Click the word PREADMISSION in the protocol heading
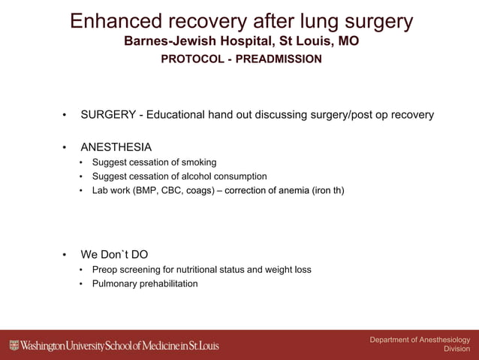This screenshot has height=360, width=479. pyautogui.click(x=279, y=59)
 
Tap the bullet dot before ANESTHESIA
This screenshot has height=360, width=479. pyautogui.click(x=65, y=147)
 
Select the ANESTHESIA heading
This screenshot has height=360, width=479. pyautogui.click(x=116, y=147)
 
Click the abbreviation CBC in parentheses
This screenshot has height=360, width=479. pyautogui.click(x=173, y=191)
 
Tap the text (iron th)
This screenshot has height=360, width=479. pyautogui.click(x=328, y=191)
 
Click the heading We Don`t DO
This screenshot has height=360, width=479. pyautogui.click(x=114, y=255)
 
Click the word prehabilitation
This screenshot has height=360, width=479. pyautogui.click(x=168, y=284)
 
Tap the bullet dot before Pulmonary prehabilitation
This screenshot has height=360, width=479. pyautogui.click(x=82, y=284)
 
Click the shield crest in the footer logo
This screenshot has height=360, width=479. pyautogui.click(x=14, y=346)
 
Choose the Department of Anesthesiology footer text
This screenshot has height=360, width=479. pyautogui.click(x=420, y=340)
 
